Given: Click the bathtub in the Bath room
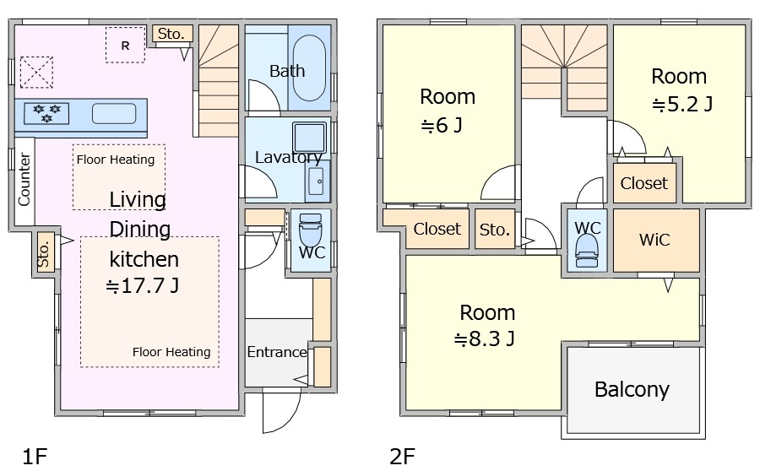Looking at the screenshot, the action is click(310, 68).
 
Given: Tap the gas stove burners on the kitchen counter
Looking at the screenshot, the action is click(46, 113).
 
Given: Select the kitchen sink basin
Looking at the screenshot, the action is click(114, 114).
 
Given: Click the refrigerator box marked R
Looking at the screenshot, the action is click(126, 45).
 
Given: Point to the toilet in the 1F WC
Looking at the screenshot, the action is click(311, 231).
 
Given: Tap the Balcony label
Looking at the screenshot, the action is click(632, 390).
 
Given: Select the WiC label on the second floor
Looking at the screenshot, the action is click(654, 240).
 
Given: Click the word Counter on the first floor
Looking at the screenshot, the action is click(24, 179).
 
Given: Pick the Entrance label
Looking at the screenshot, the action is click(277, 352).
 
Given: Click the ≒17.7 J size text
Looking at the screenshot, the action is click(143, 286).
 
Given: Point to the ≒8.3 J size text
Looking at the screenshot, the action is click(484, 338).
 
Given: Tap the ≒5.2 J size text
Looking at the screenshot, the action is click(682, 104).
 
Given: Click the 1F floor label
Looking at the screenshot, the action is click(35, 456).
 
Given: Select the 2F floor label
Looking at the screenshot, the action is click(402, 456).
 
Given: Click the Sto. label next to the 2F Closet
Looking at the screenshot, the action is click(494, 230).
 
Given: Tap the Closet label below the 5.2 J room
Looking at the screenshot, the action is click(643, 183).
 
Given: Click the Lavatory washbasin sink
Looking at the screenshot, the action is click(317, 181).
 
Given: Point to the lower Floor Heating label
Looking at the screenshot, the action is click(171, 352).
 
